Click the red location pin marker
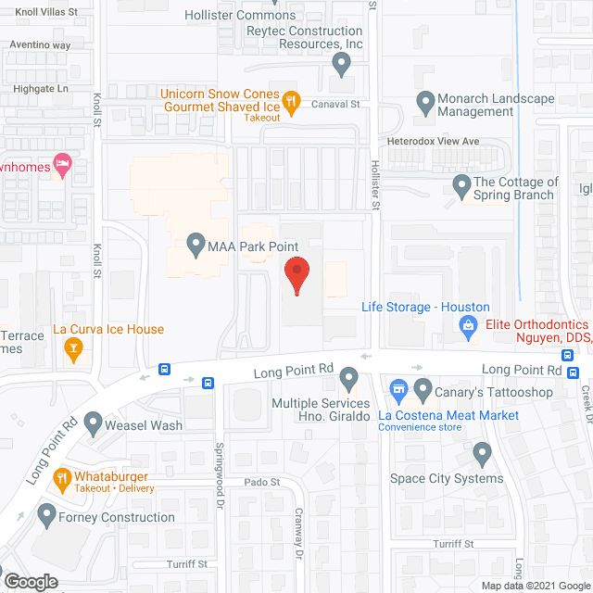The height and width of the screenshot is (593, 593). coord(296,275)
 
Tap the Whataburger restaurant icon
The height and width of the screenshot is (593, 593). coord(63,477)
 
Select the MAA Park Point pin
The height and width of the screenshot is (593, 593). coord(196,245)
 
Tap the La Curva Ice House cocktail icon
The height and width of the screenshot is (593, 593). coord(73,348)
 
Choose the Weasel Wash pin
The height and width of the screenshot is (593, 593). coord(94,423)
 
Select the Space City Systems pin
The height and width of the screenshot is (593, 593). coord(482,454)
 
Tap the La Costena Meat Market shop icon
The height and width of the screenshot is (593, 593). coord(398,388)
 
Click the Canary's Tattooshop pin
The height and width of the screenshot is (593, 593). coord(423,388)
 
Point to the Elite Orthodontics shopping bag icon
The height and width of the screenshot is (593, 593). coord(469,325)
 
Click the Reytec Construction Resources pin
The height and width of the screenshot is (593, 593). coord(341,64)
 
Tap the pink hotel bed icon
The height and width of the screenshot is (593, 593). coord(63,167)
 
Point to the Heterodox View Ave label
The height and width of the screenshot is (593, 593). coord(433,142)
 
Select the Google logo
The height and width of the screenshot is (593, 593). coord(30,581)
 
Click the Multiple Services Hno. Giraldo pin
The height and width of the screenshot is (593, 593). coord(349,378)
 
